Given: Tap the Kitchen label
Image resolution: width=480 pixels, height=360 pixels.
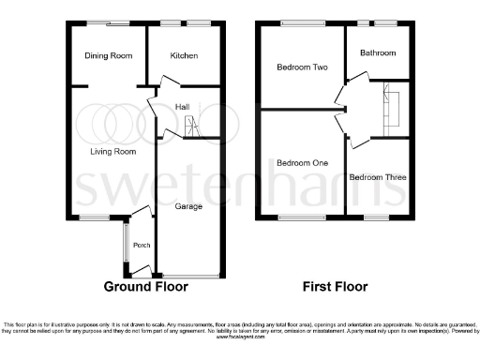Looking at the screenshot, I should [x=184, y=56].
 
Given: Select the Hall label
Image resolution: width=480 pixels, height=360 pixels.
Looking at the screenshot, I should [x=182, y=107].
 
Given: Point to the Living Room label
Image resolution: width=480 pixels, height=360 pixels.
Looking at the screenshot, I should [x=113, y=151].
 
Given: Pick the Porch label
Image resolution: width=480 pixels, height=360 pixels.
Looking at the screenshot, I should [x=142, y=246].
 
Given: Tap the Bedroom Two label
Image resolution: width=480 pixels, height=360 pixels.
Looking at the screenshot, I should [x=301, y=67].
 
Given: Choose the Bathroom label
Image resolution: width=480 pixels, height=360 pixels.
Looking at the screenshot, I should [x=378, y=53].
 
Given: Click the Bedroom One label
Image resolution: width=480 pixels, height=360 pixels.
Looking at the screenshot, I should [x=302, y=163].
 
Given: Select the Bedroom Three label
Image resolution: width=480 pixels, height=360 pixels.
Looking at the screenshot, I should [x=378, y=177].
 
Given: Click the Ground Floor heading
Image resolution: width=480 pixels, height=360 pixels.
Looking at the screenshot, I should [x=145, y=287].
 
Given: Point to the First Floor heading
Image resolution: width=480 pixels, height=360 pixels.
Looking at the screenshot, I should [x=335, y=287].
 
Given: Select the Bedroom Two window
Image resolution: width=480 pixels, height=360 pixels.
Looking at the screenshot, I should [x=300, y=23].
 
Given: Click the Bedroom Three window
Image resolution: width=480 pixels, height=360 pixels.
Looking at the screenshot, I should [x=377, y=217].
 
